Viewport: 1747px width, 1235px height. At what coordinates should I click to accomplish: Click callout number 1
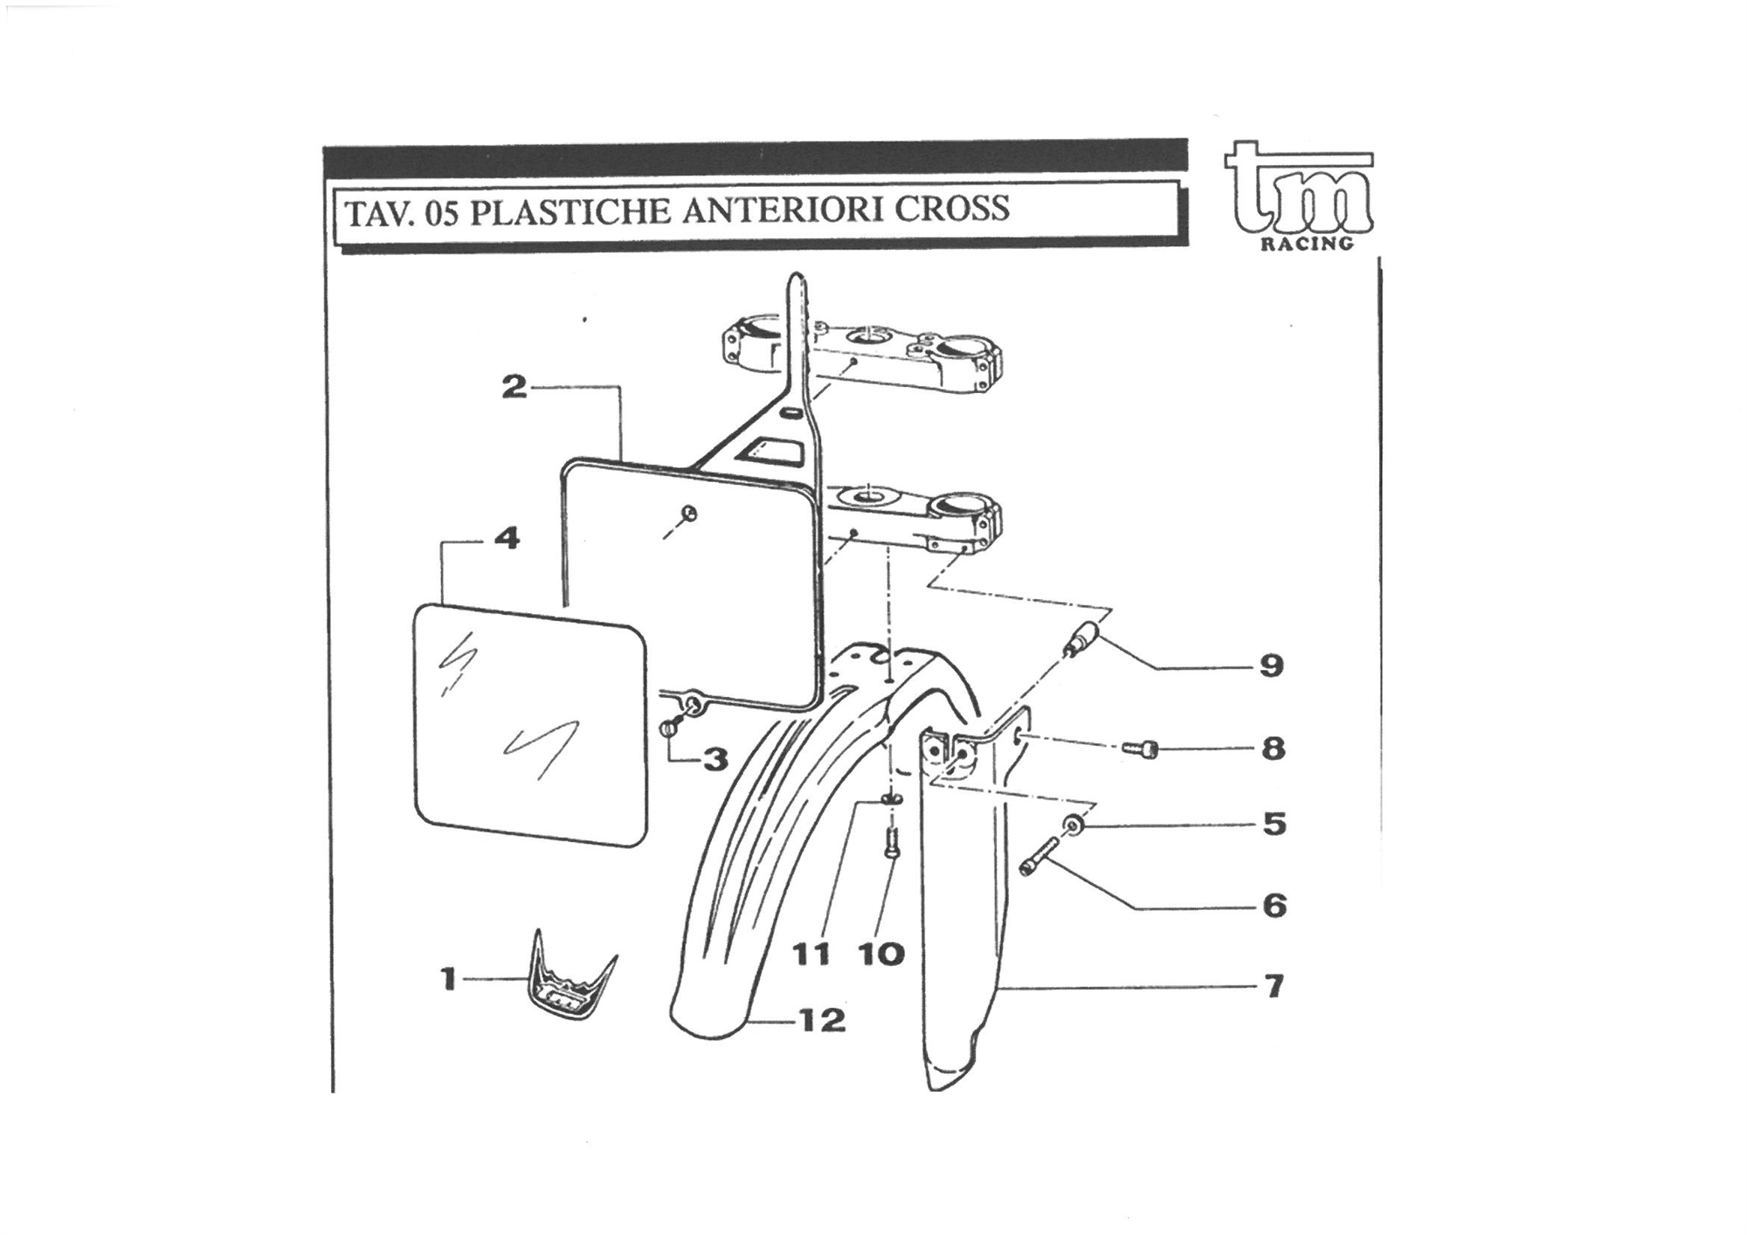(x=448, y=980)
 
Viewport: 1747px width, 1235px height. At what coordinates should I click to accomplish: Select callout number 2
(x=514, y=387)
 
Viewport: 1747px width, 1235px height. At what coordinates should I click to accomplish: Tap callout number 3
(x=715, y=760)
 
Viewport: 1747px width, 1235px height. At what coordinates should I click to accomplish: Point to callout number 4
(x=507, y=538)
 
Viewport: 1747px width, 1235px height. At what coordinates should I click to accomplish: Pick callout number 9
(x=1272, y=666)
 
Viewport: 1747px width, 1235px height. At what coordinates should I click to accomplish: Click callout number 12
(x=821, y=1020)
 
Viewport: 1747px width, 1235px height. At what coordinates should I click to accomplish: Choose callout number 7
(x=1274, y=987)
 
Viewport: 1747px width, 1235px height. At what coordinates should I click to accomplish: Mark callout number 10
(x=881, y=955)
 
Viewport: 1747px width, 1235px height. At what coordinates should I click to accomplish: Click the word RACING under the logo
(x=1307, y=245)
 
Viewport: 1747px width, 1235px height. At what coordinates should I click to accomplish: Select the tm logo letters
(x=1299, y=195)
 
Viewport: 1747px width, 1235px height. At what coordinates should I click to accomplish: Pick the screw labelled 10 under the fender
(x=891, y=844)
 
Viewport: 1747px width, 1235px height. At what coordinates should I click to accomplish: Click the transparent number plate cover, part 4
(x=530, y=725)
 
